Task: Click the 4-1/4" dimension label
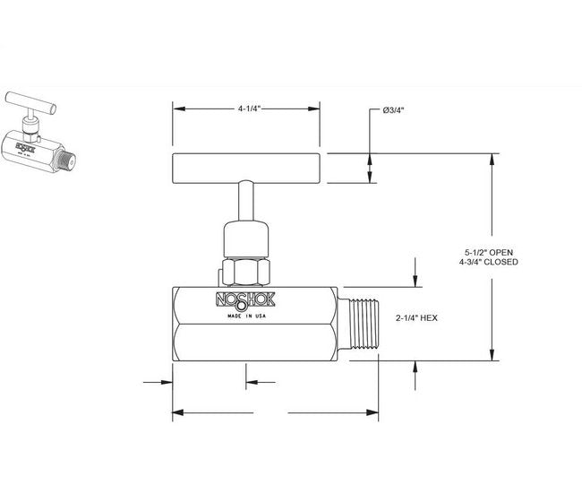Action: [x=248, y=109]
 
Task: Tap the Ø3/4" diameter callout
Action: [x=394, y=110]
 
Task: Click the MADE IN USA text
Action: [x=245, y=317]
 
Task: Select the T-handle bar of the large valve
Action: [x=248, y=168]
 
